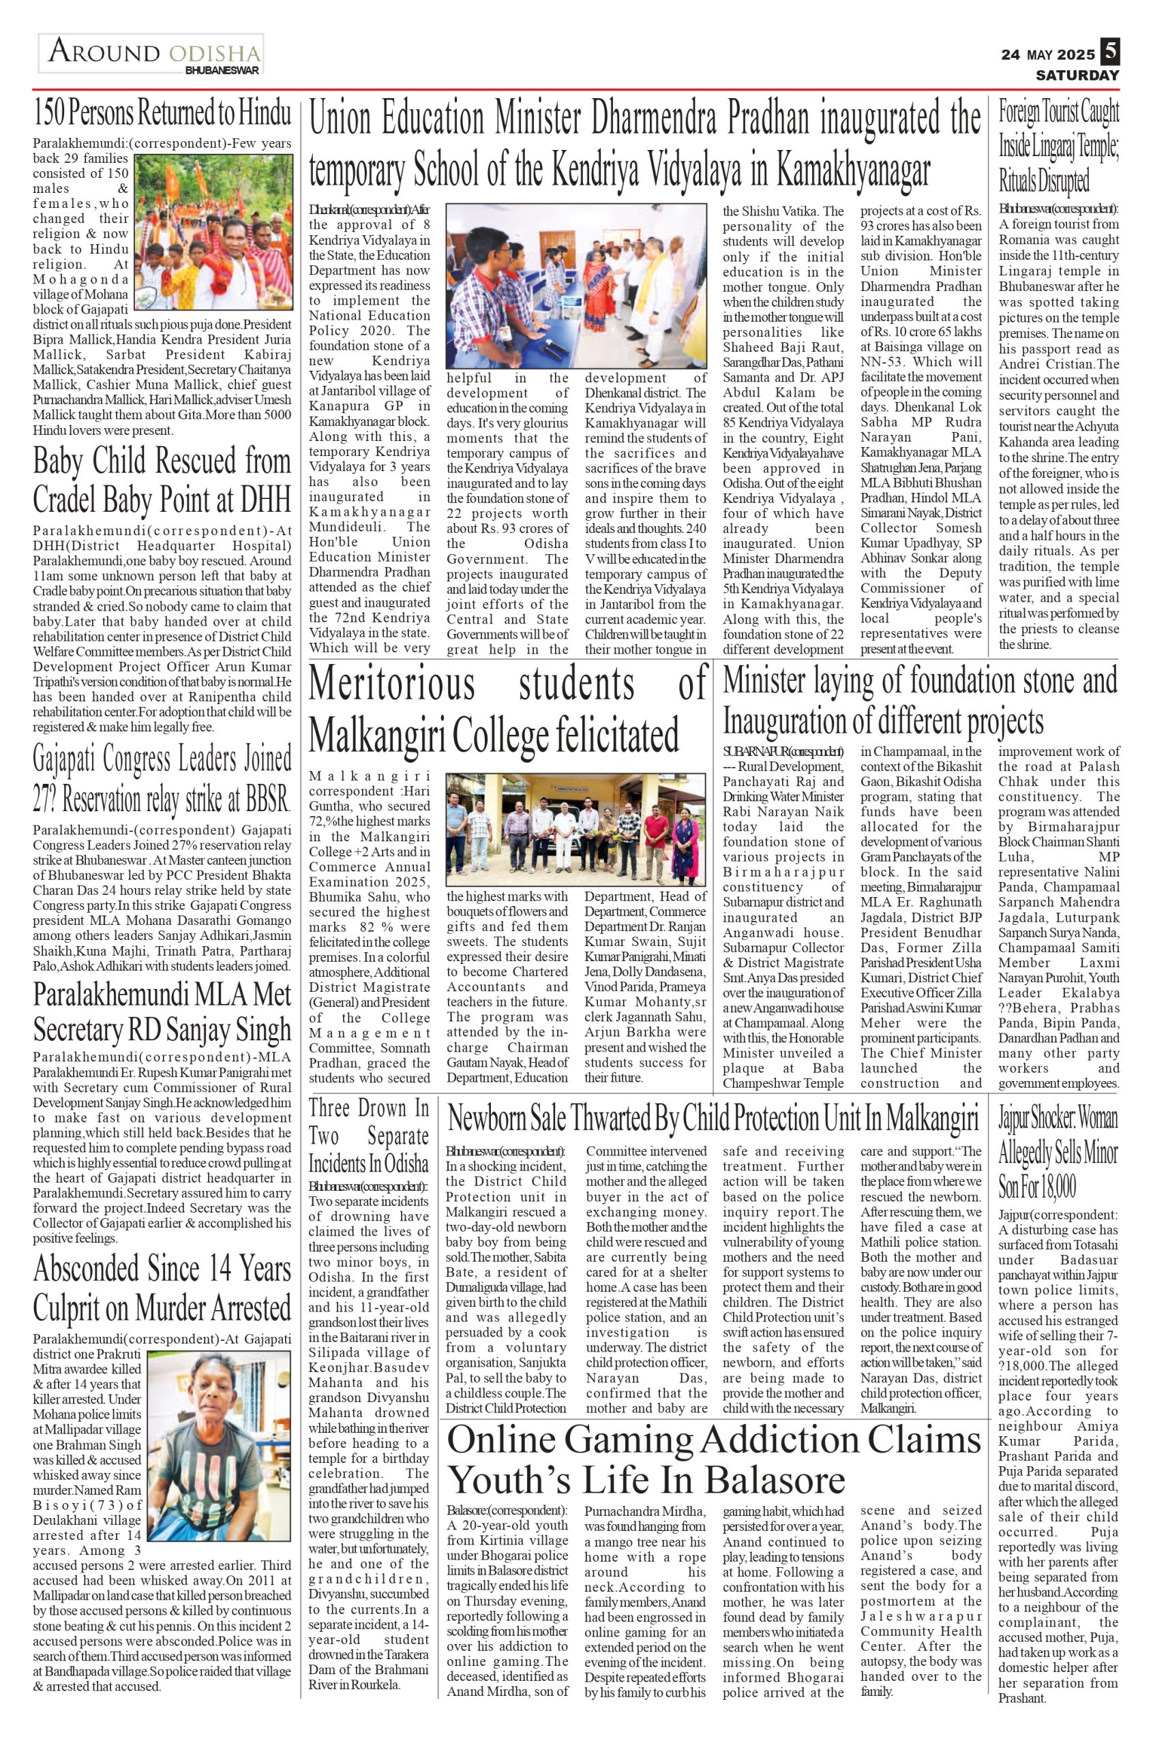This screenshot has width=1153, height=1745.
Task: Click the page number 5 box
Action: tap(1109, 52)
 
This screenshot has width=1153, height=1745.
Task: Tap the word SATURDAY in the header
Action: tap(1077, 76)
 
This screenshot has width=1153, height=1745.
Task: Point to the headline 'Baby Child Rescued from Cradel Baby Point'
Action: tap(162, 481)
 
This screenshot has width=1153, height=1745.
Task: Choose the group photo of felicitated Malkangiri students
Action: tap(575, 828)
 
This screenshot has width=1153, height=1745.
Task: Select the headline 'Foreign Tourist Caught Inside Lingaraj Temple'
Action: tap(1058, 147)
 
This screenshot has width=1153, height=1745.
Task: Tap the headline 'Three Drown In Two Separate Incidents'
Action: tap(368, 1136)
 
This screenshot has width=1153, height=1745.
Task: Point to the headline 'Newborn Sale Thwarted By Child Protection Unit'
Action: tap(713, 1119)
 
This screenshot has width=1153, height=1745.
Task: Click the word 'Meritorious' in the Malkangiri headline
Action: tap(391, 683)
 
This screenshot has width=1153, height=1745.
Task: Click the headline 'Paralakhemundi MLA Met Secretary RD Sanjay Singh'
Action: tap(162, 1012)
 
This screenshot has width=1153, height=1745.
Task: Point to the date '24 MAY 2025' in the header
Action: tap(1048, 55)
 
